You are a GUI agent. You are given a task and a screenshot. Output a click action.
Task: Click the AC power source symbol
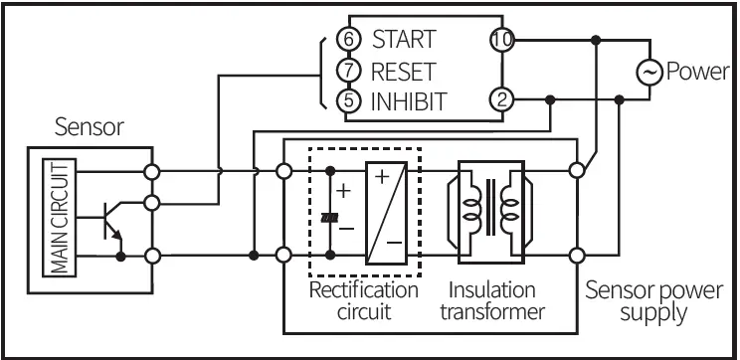pyautogui.click(x=649, y=71)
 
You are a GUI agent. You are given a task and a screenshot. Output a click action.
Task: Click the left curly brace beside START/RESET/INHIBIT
pyautogui.click(x=321, y=71)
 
